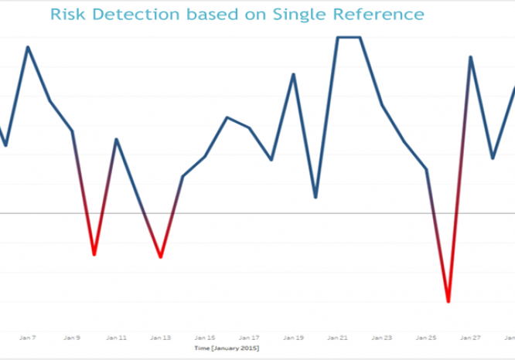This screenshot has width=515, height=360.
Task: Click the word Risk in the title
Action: (69, 14)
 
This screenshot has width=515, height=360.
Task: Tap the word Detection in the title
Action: (136, 14)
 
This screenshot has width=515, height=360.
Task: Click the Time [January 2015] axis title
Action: (227, 348)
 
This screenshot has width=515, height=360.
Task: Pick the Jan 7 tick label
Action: (28, 338)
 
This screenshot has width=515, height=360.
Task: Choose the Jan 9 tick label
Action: (73, 338)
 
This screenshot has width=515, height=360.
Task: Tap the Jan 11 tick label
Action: (117, 338)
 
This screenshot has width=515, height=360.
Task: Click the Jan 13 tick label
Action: (161, 338)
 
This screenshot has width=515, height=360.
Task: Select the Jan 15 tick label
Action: (205, 338)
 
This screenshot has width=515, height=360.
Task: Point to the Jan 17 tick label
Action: (249, 338)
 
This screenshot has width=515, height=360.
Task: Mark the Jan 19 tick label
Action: (293, 338)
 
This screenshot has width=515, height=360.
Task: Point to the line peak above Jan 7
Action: (28, 47)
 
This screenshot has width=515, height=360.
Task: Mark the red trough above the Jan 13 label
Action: (160, 256)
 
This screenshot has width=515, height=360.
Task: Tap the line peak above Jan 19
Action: (293, 74)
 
